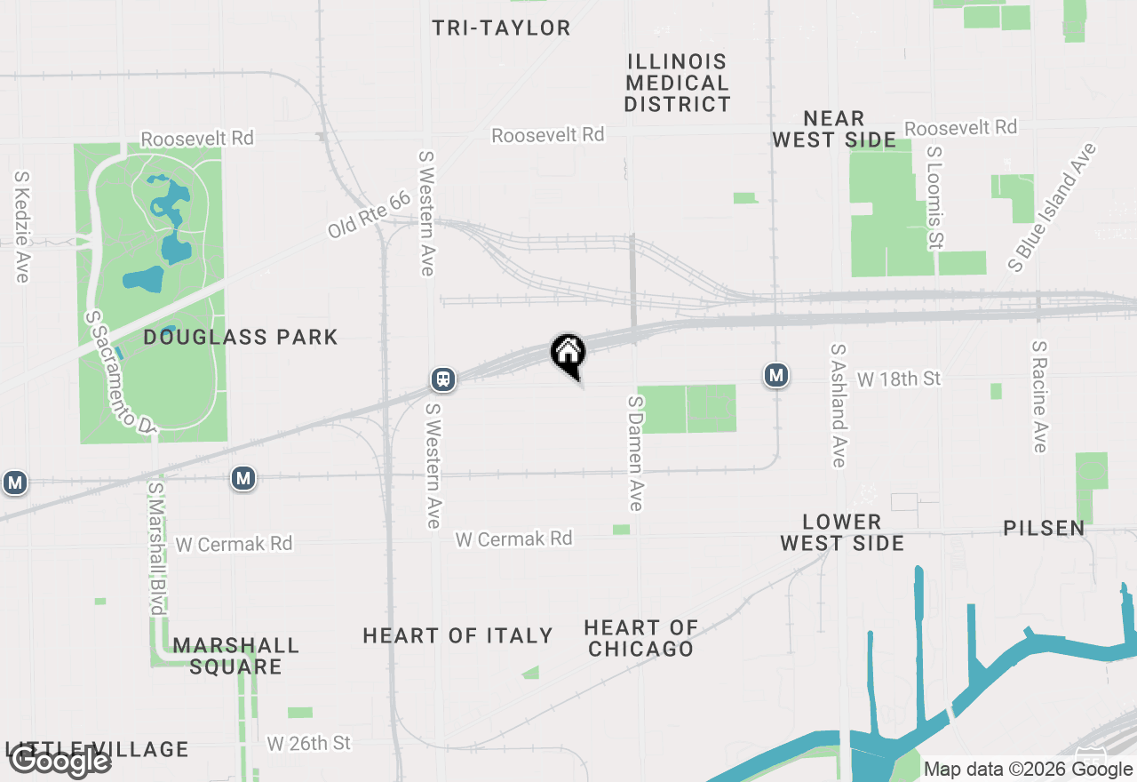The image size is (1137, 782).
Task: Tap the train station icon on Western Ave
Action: [443, 379]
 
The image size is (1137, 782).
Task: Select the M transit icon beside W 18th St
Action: [776, 376]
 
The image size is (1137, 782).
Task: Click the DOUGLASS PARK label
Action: [241, 337]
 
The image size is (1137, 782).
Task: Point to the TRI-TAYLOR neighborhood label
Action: [502, 28]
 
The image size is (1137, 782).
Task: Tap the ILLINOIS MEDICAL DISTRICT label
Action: [677, 83]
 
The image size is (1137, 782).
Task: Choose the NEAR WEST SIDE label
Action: [833, 129]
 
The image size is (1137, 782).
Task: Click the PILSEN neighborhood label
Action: [1044, 528]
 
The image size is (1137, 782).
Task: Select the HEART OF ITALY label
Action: [457, 635]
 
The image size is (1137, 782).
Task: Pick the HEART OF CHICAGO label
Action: [640, 638]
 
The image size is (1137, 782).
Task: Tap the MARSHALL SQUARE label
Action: [236, 656]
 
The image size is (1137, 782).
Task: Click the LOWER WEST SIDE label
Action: [842, 532]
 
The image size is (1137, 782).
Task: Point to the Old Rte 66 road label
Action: [369, 214]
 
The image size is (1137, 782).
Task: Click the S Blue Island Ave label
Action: [1053, 207]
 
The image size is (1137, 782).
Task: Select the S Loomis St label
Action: [934, 196]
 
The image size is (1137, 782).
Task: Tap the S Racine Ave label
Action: [1039, 395]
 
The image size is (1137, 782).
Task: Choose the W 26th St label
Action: [309, 743]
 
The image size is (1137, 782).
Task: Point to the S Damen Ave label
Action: [634, 453]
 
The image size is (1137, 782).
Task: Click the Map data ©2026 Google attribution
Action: [1028, 770]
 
